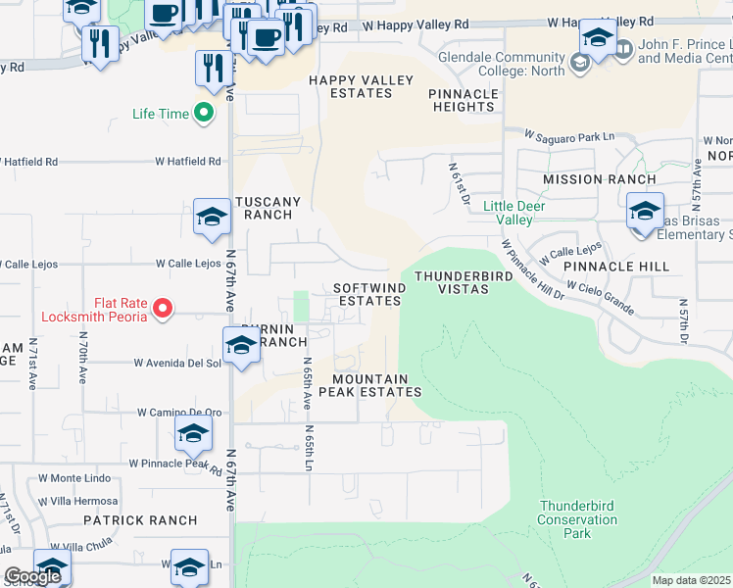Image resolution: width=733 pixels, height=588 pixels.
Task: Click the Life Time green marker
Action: [x=204, y=114]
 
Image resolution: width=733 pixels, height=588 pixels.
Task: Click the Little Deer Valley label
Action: [x=508, y=213]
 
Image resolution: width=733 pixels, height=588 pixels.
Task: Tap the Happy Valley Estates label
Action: [x=350, y=86]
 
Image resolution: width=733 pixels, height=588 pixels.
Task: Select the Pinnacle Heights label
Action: [x=464, y=100]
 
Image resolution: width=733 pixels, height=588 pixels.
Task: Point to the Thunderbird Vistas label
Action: [x=464, y=282]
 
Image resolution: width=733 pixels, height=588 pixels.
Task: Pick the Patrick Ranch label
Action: [x=127, y=520]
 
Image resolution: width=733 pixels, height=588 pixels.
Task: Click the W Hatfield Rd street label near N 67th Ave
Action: [x=192, y=161]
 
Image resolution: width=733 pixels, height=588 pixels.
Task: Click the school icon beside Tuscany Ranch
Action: [x=211, y=218]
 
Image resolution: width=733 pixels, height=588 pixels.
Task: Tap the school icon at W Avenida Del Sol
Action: [x=240, y=346]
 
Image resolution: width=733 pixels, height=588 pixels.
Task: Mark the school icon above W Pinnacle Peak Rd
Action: [x=193, y=432]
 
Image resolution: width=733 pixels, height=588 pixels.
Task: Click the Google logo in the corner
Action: [x=31, y=577]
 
